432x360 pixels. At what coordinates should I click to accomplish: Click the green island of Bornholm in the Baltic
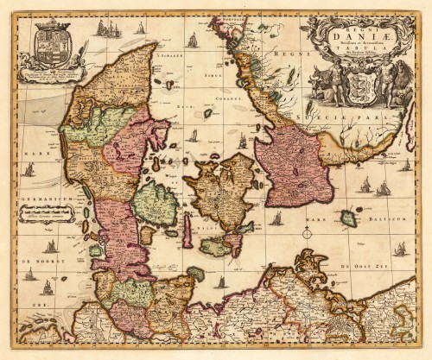(x=348, y=218)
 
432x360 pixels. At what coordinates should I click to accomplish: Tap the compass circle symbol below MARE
(x=306, y=232)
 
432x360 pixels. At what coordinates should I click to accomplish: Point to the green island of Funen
(x=155, y=203)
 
